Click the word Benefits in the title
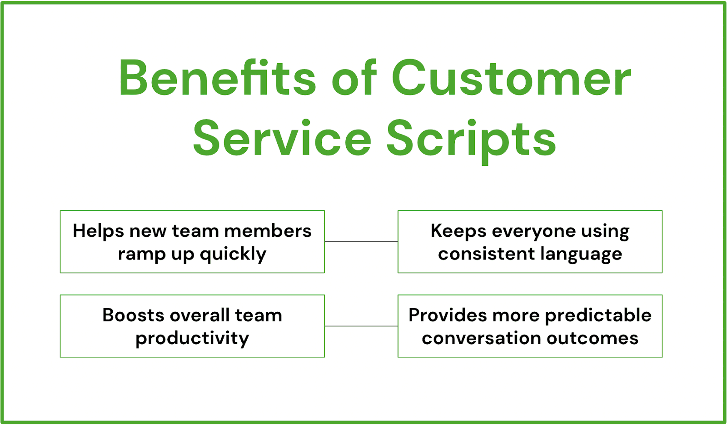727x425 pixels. pyautogui.click(x=217, y=78)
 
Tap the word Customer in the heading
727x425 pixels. pyautogui.click(x=511, y=78)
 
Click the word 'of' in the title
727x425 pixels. pyautogui.click(x=354, y=78)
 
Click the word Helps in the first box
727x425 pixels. pyautogui.click(x=98, y=231)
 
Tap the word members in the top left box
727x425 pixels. pyautogui.click(x=268, y=231)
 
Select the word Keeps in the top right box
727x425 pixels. pyautogui.click(x=458, y=231)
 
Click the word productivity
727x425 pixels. pyautogui.click(x=192, y=339)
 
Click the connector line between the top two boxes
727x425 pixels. pyautogui.click(x=361, y=241)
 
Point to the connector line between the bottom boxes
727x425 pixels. pyautogui.click(x=361, y=326)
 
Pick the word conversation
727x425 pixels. pyautogui.click(x=481, y=338)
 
